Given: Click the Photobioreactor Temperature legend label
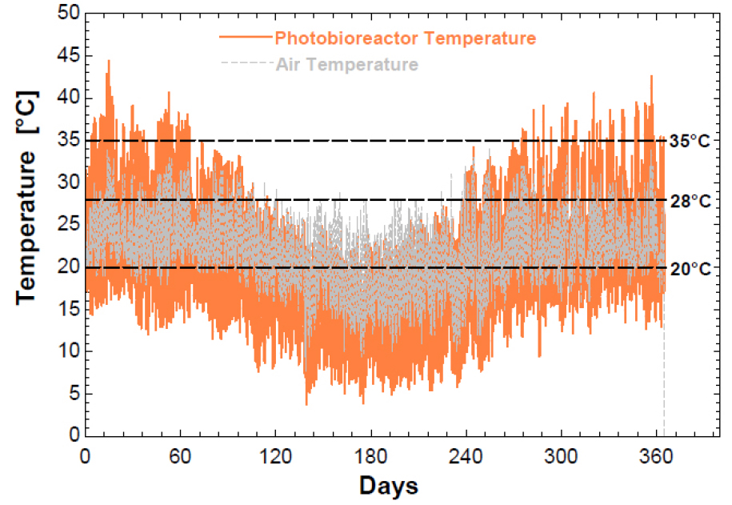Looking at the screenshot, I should (405, 38).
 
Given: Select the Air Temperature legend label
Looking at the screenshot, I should (346, 64).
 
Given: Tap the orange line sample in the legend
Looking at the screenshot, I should (244, 38).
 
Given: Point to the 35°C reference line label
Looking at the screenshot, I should (690, 142).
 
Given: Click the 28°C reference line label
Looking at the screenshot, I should (690, 200).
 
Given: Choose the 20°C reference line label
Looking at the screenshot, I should (690, 268).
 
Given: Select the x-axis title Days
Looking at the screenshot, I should (388, 485).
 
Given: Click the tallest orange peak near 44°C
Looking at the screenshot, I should (109, 62).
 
